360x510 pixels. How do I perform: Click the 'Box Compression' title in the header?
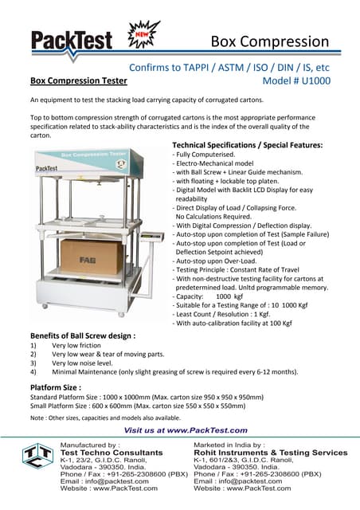(x=270, y=41)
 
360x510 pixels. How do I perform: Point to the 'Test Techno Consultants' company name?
(x=106, y=453)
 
